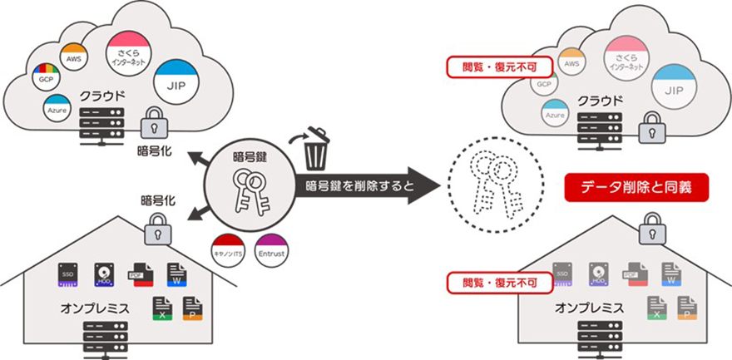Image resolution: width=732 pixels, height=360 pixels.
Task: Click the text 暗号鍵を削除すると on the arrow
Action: pyautogui.click(x=359, y=185)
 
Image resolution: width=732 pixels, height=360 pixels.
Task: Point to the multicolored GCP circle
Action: pyautogui.click(x=45, y=77)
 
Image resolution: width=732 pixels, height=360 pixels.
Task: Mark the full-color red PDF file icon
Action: pyautogui.click(x=137, y=274)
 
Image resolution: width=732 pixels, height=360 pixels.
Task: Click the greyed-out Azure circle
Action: pyautogui.click(x=556, y=114)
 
